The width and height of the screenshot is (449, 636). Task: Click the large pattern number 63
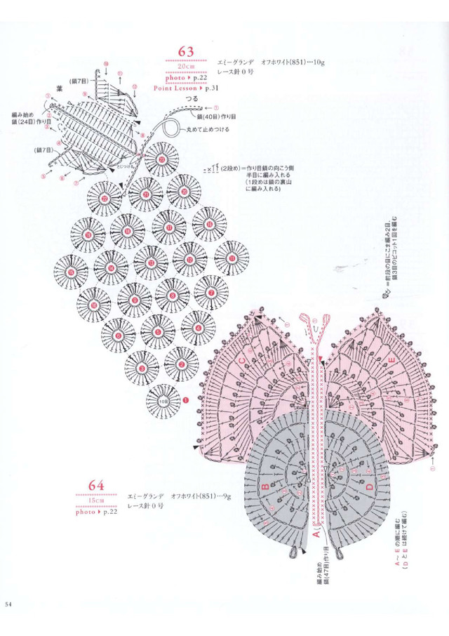(186, 51)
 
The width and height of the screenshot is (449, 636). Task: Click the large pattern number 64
(96, 485)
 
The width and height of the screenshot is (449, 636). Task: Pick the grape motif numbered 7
(210, 289)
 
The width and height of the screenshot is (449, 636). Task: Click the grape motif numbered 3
(142, 366)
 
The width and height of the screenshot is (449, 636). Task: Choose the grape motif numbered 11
(231, 258)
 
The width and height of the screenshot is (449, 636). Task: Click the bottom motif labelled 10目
(162, 402)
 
